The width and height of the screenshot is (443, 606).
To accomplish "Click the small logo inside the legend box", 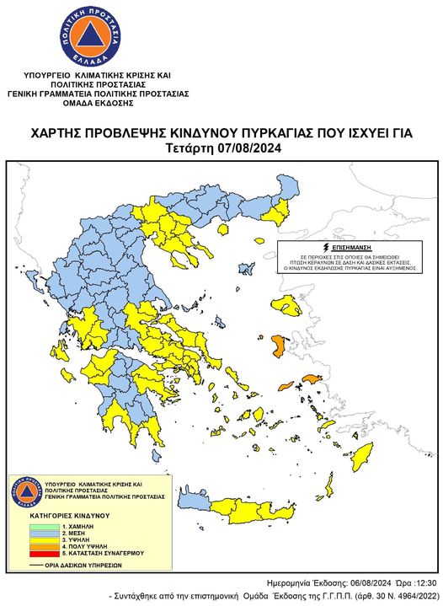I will tap(25, 492).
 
